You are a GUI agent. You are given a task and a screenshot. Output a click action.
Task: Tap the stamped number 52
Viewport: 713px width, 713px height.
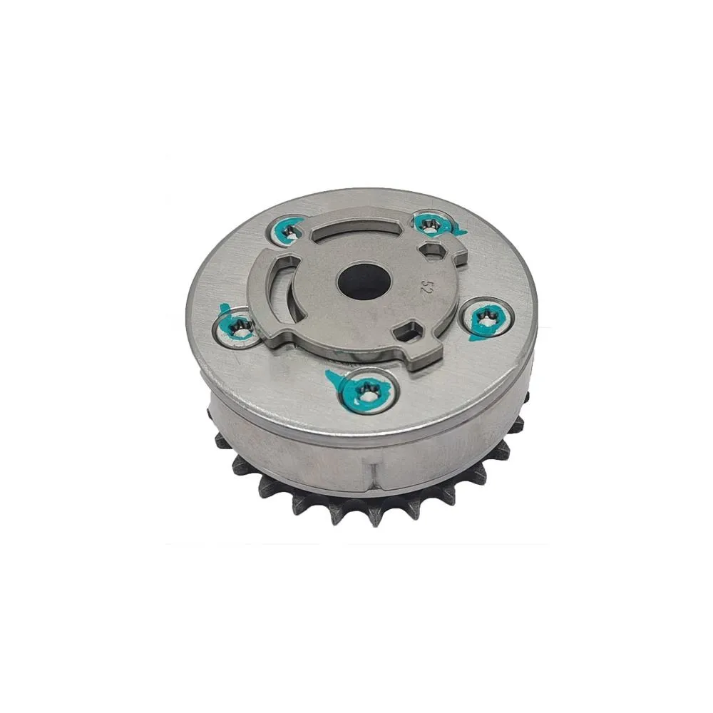[426, 287]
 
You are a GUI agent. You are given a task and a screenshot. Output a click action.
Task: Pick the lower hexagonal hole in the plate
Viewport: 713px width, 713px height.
[407, 330]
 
